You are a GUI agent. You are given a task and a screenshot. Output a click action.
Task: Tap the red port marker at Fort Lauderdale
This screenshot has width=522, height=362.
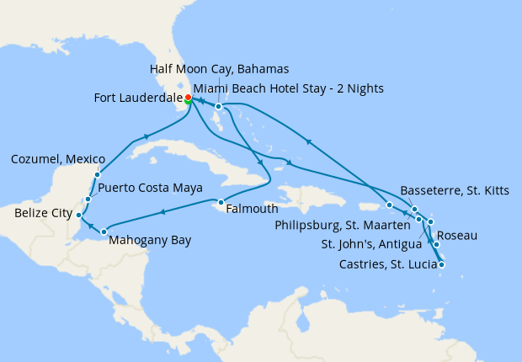[x=188, y=98]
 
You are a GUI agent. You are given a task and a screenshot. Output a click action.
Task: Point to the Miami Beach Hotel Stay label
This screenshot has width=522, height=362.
[x=288, y=88]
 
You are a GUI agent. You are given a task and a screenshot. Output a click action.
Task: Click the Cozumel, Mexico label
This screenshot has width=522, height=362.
[x=58, y=159]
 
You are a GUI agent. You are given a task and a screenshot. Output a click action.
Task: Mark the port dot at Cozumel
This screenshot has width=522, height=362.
[x=97, y=175]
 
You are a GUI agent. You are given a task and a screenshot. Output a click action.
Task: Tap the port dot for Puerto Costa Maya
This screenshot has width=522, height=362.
[x=88, y=200]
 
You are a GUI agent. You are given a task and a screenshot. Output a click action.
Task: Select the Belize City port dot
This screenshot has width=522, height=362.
[x=78, y=215]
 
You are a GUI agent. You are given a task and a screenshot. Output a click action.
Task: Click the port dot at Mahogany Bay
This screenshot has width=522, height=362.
[x=104, y=232]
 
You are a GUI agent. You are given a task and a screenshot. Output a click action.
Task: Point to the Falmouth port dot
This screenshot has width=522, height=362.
[x=220, y=202]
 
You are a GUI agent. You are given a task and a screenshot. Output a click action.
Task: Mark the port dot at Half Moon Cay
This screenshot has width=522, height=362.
[x=217, y=107]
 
